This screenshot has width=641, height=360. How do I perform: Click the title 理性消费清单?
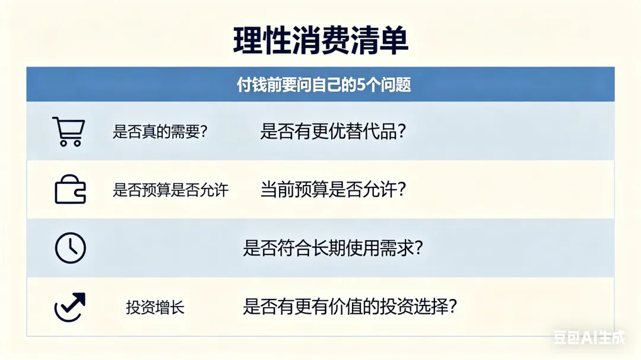tap(320, 41)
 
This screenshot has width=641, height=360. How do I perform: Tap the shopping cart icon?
tap(69, 131)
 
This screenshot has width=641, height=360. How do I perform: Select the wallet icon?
tap(70, 190)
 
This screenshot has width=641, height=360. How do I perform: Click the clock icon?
tap(70, 248)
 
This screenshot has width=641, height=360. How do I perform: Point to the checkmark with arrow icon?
tap(69, 307)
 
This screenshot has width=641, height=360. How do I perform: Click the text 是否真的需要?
tap(160, 132)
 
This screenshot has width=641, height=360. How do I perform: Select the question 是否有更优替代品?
tap(333, 131)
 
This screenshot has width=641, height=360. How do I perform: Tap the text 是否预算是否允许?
tap(170, 190)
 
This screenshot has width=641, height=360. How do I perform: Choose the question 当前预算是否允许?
tap(333, 190)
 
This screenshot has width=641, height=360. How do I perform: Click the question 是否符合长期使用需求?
tap(333, 248)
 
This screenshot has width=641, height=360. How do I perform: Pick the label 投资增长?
tap(155, 307)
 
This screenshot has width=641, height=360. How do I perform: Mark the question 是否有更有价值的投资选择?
tap(350, 307)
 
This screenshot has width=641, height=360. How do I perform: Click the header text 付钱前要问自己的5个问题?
tap(324, 85)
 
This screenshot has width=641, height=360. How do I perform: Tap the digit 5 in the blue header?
tap(360, 85)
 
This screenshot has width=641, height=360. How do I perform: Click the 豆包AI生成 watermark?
tap(589, 337)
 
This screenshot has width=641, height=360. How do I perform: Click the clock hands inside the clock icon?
tap(71, 246)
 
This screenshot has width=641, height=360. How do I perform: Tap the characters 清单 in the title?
tap(379, 41)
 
